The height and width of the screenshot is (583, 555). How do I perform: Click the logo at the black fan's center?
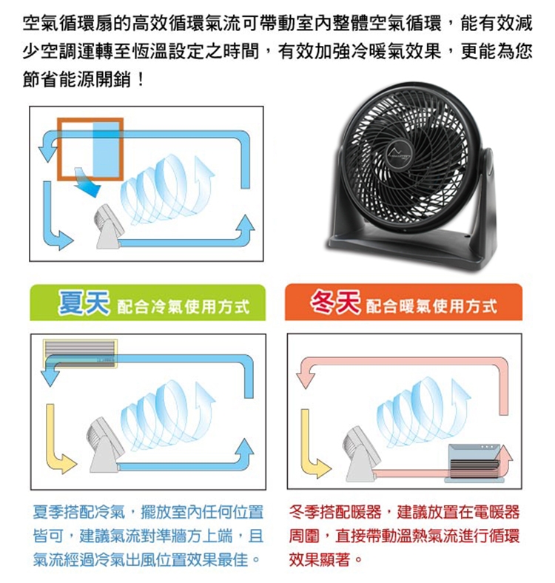coord(399,152)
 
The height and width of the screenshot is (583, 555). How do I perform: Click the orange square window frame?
coord(90,149)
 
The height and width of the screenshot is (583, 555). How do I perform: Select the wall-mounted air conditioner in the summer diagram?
coord(81,354)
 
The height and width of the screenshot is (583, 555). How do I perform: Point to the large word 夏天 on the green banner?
coord(84,302)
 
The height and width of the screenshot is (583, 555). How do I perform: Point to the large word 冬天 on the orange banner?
coord(334,302)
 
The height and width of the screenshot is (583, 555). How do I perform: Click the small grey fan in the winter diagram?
coord(359,455)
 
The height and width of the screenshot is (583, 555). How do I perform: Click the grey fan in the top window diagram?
coord(107,226)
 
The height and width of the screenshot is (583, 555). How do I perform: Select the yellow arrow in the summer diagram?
coord(59,442)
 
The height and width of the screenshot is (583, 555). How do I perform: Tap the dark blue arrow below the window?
coord(88,183)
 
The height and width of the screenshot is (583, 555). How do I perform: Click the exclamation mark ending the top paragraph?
coord(141,79)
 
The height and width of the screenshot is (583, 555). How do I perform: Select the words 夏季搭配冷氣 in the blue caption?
coord(79,513)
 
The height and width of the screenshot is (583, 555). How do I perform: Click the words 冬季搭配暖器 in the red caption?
coord(335,513)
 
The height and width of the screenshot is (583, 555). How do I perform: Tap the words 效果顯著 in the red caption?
coord(320,559)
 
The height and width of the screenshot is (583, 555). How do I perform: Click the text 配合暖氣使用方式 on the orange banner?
coord(431,306)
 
